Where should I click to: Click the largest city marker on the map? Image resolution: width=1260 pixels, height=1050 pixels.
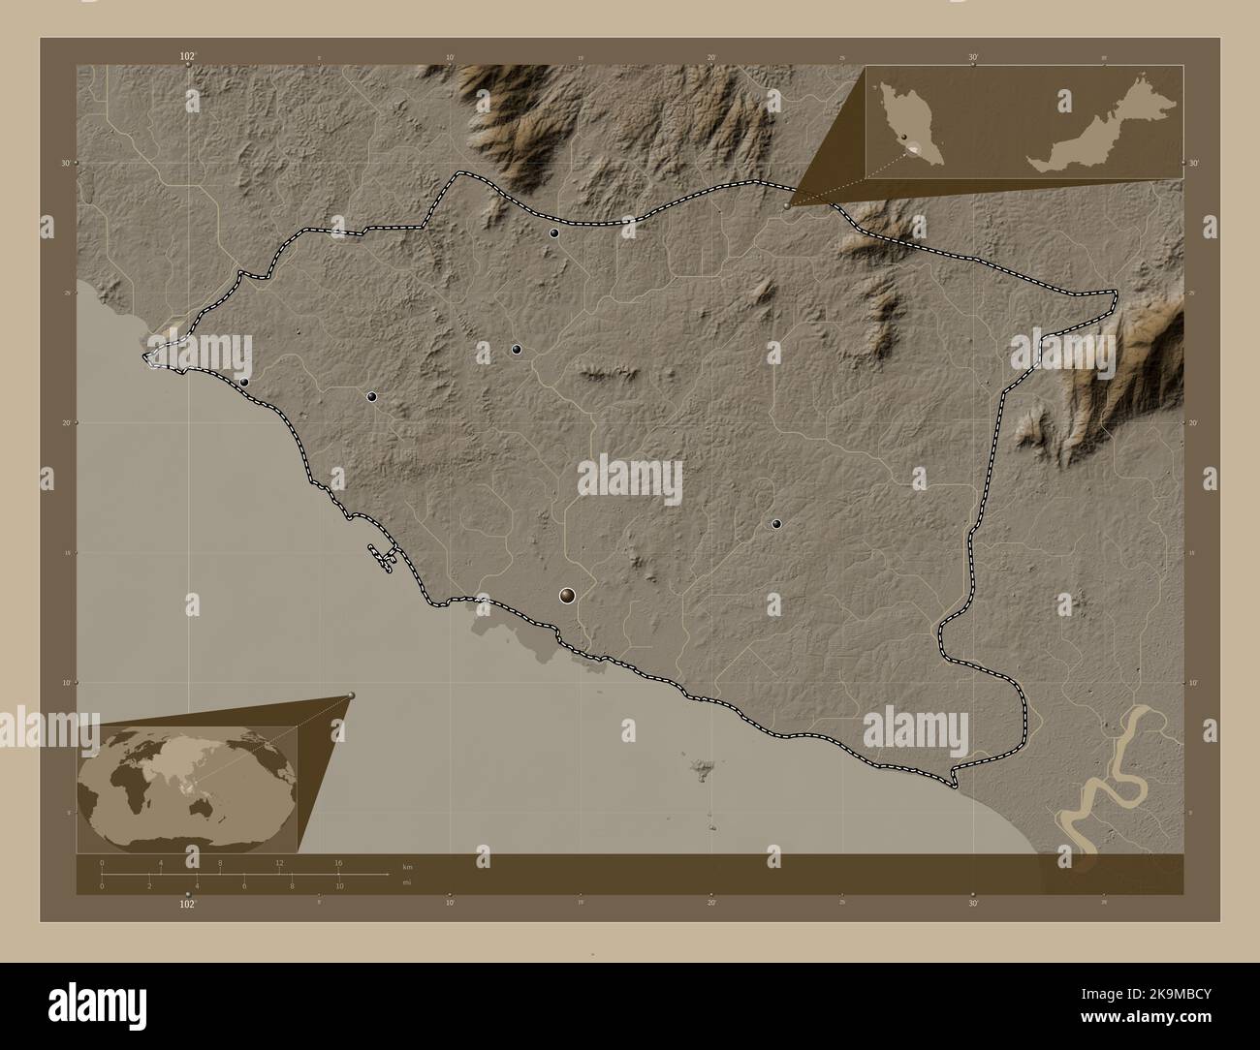(x=567, y=596)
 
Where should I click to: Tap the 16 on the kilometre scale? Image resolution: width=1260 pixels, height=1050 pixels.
(x=338, y=862)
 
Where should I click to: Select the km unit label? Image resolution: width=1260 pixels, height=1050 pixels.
(x=406, y=867)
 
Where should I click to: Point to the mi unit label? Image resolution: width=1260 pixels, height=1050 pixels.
(x=406, y=882)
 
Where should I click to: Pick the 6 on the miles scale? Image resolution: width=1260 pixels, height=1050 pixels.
(x=244, y=885)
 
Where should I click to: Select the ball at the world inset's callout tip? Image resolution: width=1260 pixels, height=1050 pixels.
(x=351, y=695)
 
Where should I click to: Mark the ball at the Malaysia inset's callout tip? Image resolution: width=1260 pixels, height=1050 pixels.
(x=787, y=205)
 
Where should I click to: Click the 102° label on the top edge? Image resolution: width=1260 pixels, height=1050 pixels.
(x=187, y=57)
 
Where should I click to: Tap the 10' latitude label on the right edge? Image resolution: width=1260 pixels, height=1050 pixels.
(x=1195, y=683)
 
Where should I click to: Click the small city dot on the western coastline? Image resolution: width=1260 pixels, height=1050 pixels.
(x=244, y=383)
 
